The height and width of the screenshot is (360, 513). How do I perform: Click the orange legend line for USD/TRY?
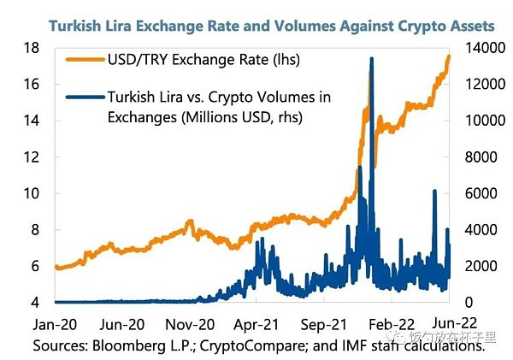84,60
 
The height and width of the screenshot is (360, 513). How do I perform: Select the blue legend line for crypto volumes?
84,97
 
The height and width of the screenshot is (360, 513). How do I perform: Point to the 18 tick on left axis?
32,48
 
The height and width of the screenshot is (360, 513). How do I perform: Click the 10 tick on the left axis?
32,193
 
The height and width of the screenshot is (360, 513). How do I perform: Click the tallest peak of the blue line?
371,58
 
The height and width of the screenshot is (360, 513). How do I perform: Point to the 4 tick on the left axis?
36,302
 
